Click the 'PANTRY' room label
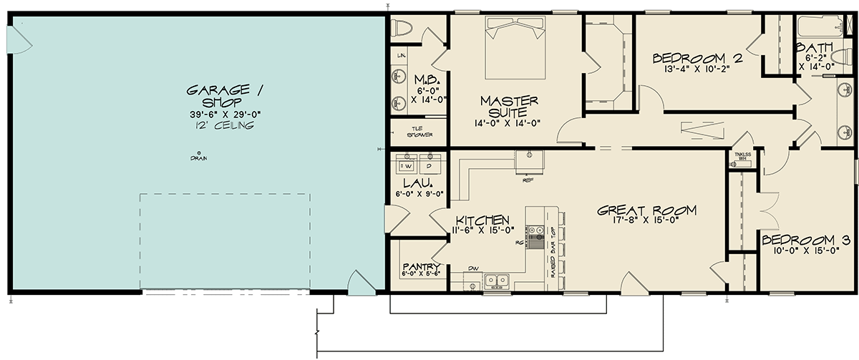(x=420, y=267)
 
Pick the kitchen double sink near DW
(x=495, y=281)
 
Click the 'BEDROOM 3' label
(x=805, y=240)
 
